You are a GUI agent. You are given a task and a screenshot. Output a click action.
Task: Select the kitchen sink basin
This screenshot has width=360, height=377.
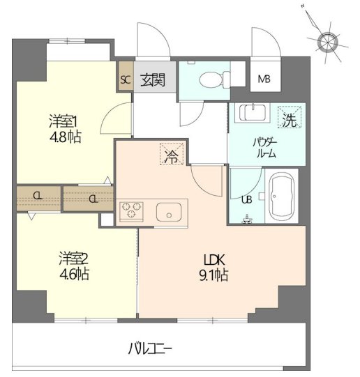pos(169,212)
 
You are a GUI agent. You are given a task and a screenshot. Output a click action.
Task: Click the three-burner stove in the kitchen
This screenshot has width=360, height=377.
pos(131,211)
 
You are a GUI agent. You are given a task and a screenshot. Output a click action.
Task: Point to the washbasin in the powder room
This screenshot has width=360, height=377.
pos(253,113)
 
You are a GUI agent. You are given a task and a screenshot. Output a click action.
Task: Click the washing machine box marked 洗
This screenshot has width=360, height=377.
pos(290,117)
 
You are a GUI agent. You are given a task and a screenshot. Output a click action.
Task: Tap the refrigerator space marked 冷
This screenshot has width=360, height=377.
pos(172,154)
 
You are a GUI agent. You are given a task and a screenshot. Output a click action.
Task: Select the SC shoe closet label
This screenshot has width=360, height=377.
pos(126,79)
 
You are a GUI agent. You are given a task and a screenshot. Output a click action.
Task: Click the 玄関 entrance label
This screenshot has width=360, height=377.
pos(153,79)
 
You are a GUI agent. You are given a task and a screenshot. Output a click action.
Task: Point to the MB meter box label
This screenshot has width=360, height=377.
pos(264,79)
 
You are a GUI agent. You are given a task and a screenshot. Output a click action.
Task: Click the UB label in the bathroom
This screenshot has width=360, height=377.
pos(247,199)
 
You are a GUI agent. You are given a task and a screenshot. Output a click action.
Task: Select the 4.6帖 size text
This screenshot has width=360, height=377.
pos(74,274)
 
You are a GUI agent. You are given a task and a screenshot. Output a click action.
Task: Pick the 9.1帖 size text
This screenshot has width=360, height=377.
pos(213,275)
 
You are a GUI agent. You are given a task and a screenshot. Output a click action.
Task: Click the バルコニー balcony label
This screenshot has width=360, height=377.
pos(150,348)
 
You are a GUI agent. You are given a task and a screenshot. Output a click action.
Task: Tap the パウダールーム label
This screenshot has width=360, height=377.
pos(265,148)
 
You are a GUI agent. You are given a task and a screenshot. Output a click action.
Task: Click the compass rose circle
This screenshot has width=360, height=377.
pos(327,43)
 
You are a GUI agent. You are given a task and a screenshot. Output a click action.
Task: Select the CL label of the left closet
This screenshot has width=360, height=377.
pos(38,197)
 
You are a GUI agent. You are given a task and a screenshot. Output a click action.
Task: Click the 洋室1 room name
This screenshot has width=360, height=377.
pos(63,121)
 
